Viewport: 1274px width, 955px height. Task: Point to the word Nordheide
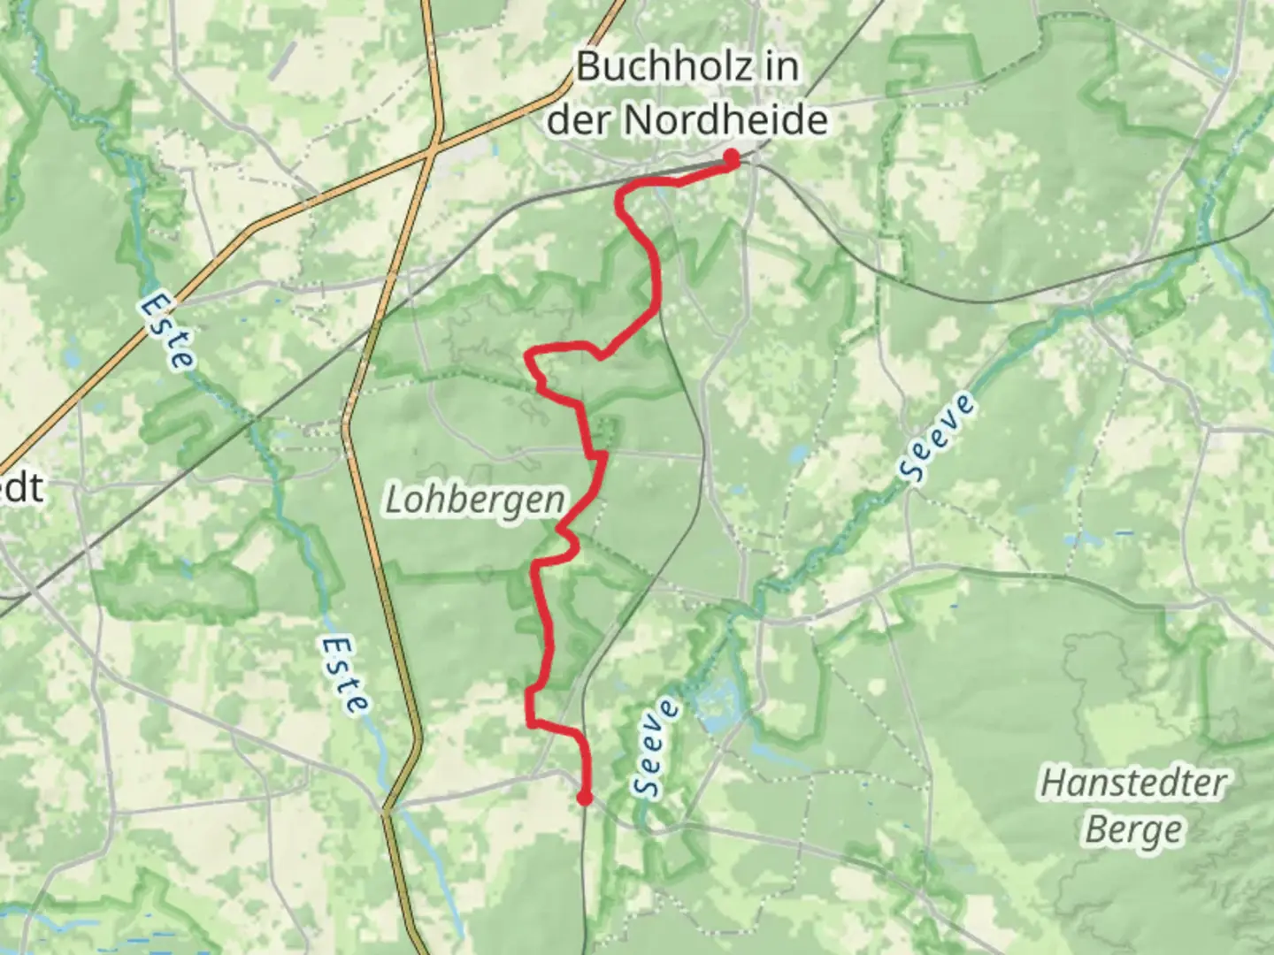[725, 119]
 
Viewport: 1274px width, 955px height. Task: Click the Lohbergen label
[475, 500]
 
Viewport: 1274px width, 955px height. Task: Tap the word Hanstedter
[1133, 783]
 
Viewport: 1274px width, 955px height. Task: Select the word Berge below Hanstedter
[1133, 830]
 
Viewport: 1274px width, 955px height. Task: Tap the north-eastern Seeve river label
[940, 439]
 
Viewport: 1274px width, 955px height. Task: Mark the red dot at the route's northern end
[732, 157]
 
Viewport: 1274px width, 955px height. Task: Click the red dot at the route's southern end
[584, 798]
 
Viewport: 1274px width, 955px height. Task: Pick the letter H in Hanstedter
[1052, 783]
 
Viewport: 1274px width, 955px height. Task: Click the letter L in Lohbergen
[395, 500]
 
